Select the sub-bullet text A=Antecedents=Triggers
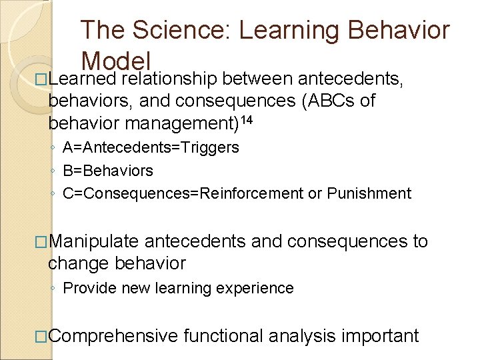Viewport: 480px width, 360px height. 151,147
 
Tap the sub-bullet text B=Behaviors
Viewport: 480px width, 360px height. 108,171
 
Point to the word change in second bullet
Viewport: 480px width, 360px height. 79,263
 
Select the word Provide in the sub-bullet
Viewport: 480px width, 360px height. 89,288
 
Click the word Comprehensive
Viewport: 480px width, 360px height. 113,335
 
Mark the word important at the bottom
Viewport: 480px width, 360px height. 380,335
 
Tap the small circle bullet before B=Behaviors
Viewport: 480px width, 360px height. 53,171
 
